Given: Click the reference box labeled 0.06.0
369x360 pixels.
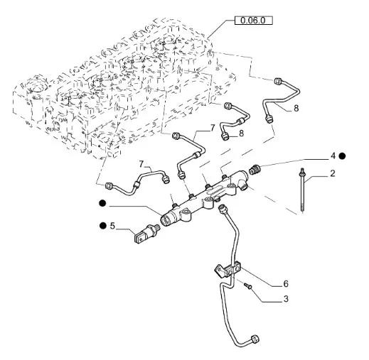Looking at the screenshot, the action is click(253, 21).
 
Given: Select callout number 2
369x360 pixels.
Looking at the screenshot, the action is click(333, 173).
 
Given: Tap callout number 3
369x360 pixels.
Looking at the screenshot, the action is click(286, 299).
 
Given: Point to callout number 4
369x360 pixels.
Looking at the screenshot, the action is click(333, 156).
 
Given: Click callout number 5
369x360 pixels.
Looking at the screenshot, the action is click(112, 226).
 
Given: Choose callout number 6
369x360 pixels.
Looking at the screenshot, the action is click(286, 283).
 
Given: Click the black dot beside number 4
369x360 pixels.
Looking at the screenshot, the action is click(342, 156).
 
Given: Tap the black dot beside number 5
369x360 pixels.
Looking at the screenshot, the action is click(103, 226).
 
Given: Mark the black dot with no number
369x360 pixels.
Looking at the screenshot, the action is click(102, 203).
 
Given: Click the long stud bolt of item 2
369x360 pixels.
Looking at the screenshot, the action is click(303, 190).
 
